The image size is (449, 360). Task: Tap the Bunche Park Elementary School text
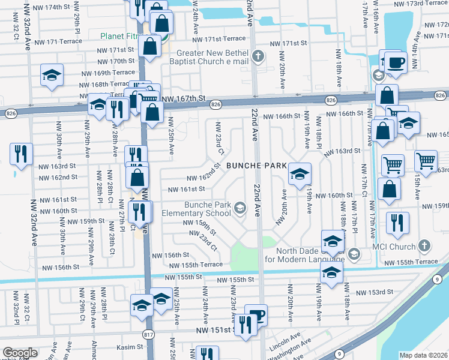208,209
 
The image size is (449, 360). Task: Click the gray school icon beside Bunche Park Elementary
240,208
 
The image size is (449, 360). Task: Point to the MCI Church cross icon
424,246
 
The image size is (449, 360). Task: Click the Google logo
20,352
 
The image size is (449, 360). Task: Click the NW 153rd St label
373,292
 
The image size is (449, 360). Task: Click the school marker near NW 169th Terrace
52,76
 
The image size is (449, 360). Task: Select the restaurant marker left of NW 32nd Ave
21,154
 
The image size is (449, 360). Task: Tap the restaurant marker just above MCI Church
397,223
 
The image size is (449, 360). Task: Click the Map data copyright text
424,355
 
